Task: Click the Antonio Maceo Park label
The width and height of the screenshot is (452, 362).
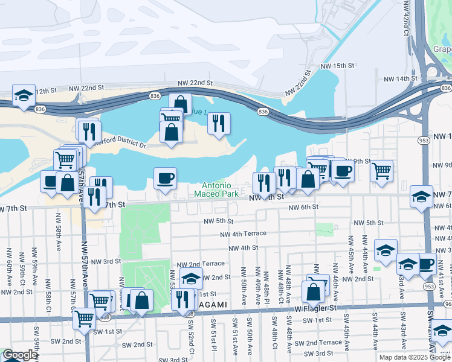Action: click(216, 190)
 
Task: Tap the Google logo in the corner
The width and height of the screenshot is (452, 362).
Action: click(19, 355)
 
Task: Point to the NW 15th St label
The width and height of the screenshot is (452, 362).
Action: click(337, 65)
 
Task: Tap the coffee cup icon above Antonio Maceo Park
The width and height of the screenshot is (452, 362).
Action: click(165, 177)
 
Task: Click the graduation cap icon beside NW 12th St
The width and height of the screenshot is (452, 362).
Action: click(24, 95)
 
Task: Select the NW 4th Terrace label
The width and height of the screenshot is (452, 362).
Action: click(243, 234)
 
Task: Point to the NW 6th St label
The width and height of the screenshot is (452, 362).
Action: click(303, 208)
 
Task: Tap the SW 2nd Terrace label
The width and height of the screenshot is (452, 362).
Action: click(321, 342)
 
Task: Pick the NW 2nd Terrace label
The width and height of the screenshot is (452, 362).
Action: click(201, 264)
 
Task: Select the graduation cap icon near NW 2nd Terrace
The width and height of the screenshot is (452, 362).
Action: click(191, 279)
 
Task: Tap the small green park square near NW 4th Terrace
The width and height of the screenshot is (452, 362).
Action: click(324, 229)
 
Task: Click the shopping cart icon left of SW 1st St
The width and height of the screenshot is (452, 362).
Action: click(84, 317)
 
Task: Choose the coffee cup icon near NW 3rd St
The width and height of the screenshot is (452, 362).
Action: click(426, 263)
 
